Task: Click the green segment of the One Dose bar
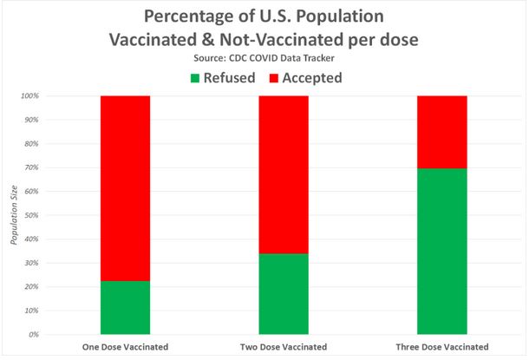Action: [125, 307]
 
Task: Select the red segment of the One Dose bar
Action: [125, 187]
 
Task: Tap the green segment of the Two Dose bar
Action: [284, 293]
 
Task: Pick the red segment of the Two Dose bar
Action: [284, 173]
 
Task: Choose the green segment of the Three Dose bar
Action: [442, 251]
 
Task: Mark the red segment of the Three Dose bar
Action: [442, 131]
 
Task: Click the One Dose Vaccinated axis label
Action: [125, 347]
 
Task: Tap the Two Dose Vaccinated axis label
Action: [284, 347]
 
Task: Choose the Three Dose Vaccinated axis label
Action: [442, 347]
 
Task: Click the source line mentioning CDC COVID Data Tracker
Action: [264, 57]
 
